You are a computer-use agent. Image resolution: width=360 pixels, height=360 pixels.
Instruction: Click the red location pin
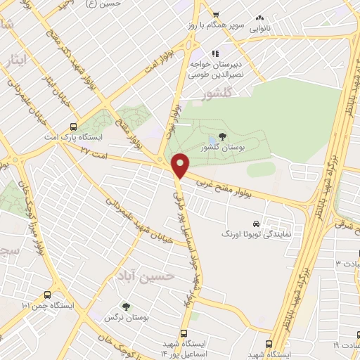click(x=181, y=166)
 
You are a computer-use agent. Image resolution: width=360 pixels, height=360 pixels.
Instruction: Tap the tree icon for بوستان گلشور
click(x=222, y=136)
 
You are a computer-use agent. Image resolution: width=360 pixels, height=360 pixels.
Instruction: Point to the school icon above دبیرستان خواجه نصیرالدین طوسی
click(x=215, y=53)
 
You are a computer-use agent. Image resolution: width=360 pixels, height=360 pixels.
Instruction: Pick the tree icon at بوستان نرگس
click(x=126, y=307)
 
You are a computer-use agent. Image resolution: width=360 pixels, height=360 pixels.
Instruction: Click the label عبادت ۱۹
click(x=346, y=345)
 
